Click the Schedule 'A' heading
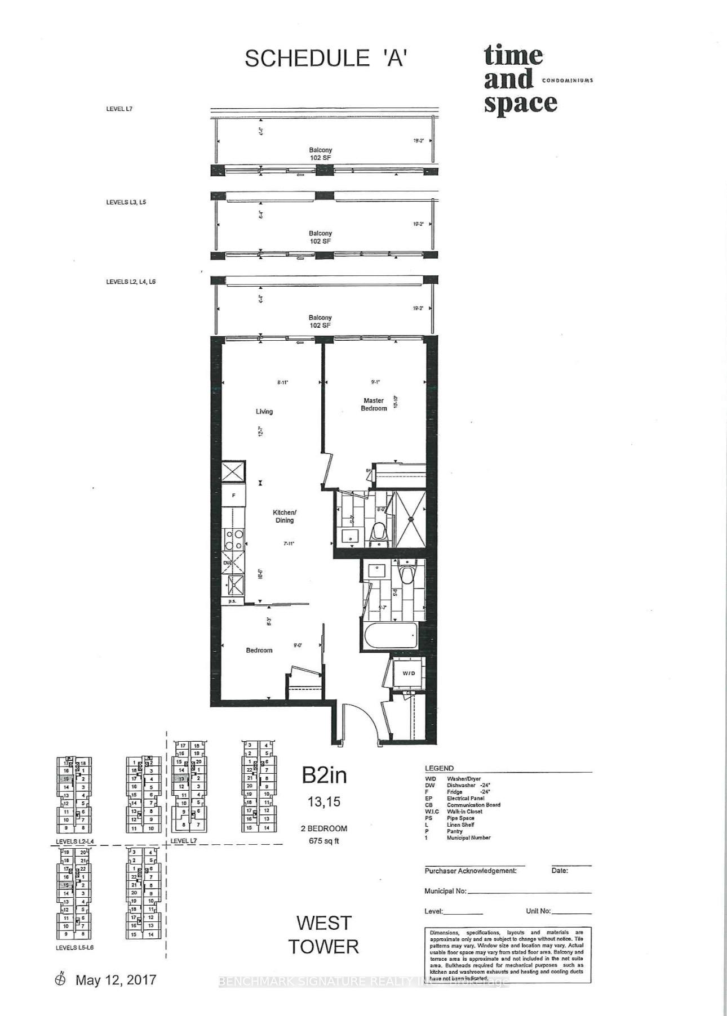[x=325, y=59]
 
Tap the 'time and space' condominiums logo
[x=520, y=81]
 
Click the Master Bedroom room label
[x=374, y=404]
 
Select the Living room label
[x=264, y=412]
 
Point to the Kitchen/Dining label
[x=284, y=516]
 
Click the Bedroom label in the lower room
[x=259, y=650]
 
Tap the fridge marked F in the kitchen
[x=233, y=496]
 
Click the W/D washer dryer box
[x=409, y=674]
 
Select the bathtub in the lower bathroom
[x=391, y=636]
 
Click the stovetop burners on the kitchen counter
[x=233, y=540]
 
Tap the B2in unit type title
[x=324, y=776]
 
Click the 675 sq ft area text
[x=324, y=841]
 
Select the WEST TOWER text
[x=323, y=935]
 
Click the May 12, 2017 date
[x=116, y=980]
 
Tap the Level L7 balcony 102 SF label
[x=320, y=154]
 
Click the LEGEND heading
[x=439, y=768]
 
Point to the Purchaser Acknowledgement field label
[x=470, y=871]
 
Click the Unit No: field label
[x=538, y=911]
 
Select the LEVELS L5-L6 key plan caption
[x=74, y=948]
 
